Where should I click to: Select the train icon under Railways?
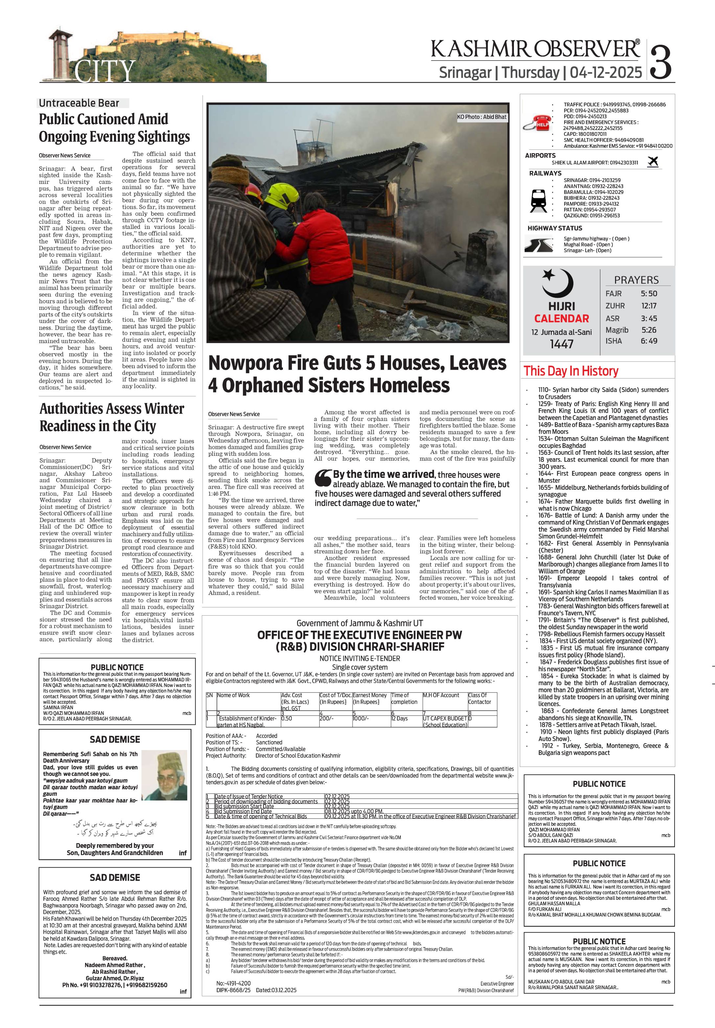[x=538, y=200]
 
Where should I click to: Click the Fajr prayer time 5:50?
[x=649, y=294]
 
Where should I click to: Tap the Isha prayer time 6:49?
[x=649, y=341]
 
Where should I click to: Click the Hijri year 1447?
[x=562, y=344]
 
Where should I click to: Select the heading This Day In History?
[x=571, y=371]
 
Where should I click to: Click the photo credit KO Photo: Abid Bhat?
[x=481, y=117]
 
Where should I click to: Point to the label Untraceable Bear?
[x=79, y=103]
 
